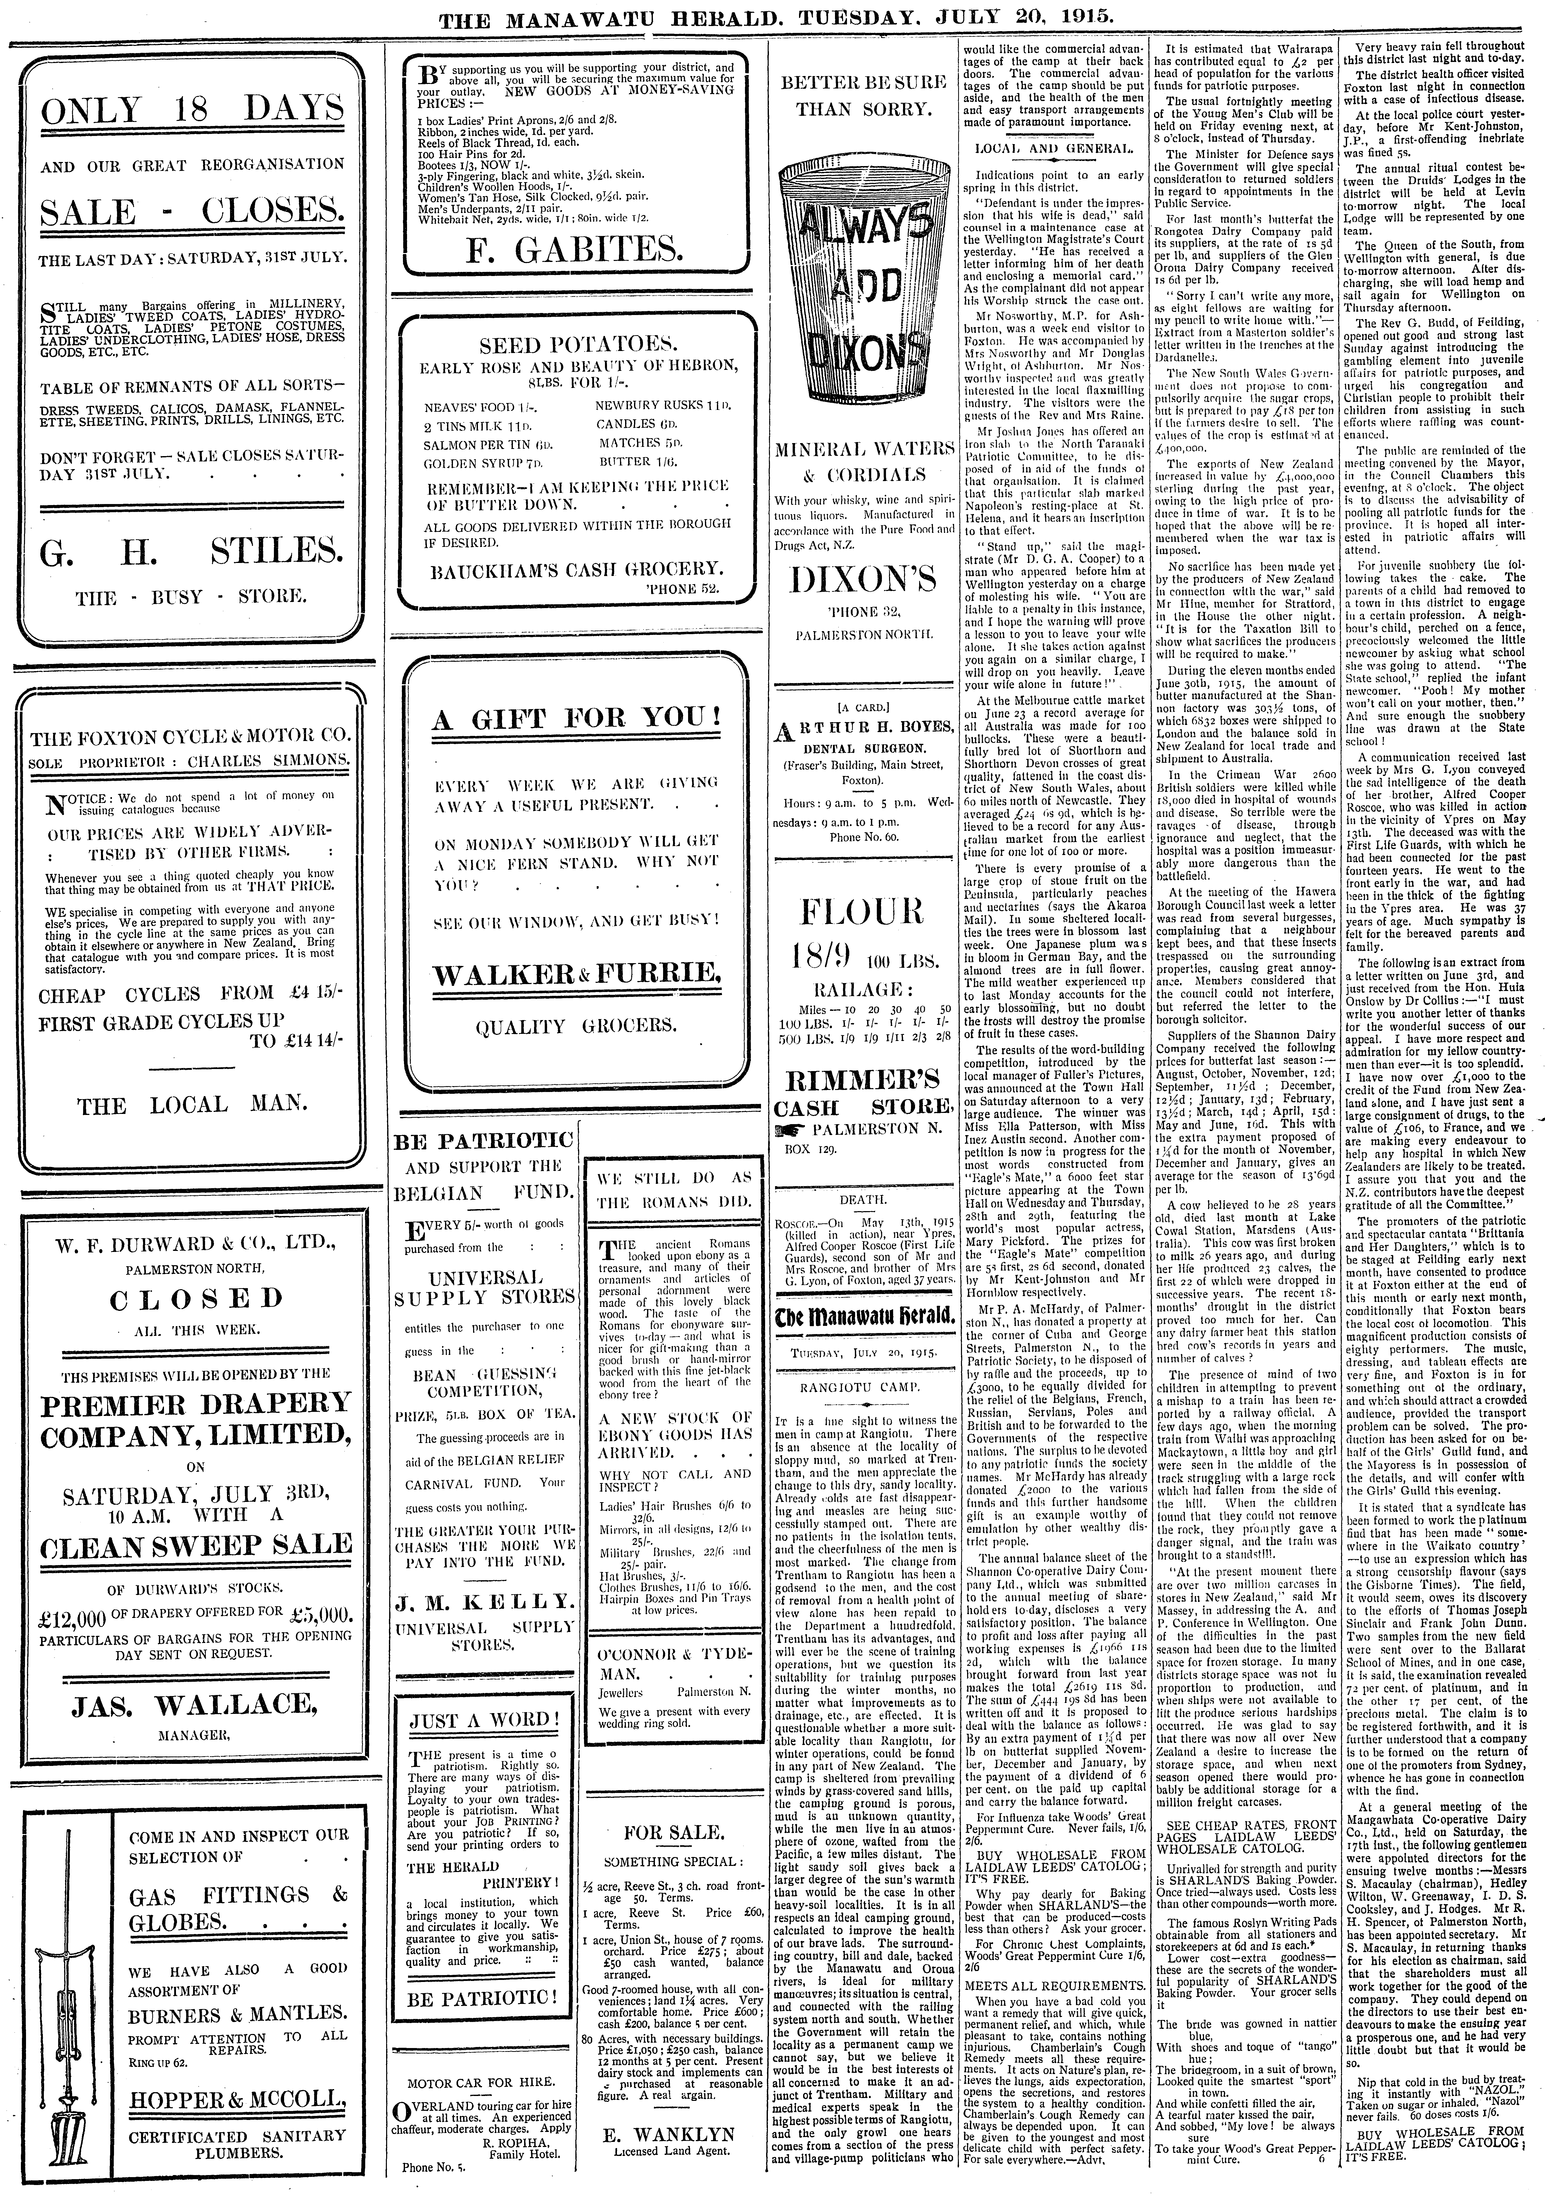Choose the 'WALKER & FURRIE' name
tap(577, 974)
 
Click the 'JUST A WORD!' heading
tap(479, 1719)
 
